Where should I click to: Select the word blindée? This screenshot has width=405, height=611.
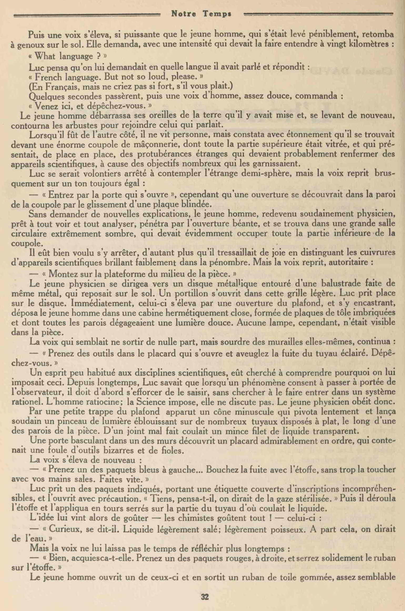(194, 204)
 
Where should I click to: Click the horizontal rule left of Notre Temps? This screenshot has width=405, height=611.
(87, 15)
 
